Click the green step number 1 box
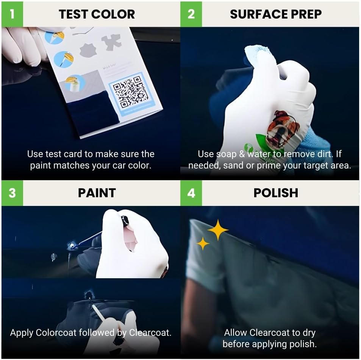point(12,14)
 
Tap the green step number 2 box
point(191,14)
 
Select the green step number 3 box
point(12,193)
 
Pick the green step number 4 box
point(191,193)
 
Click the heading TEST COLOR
point(97,14)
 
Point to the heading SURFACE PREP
point(276,14)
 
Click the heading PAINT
point(97,193)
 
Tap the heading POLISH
point(276,193)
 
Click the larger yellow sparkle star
point(218,230)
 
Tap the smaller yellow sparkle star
point(203,243)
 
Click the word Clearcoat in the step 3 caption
point(150,333)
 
